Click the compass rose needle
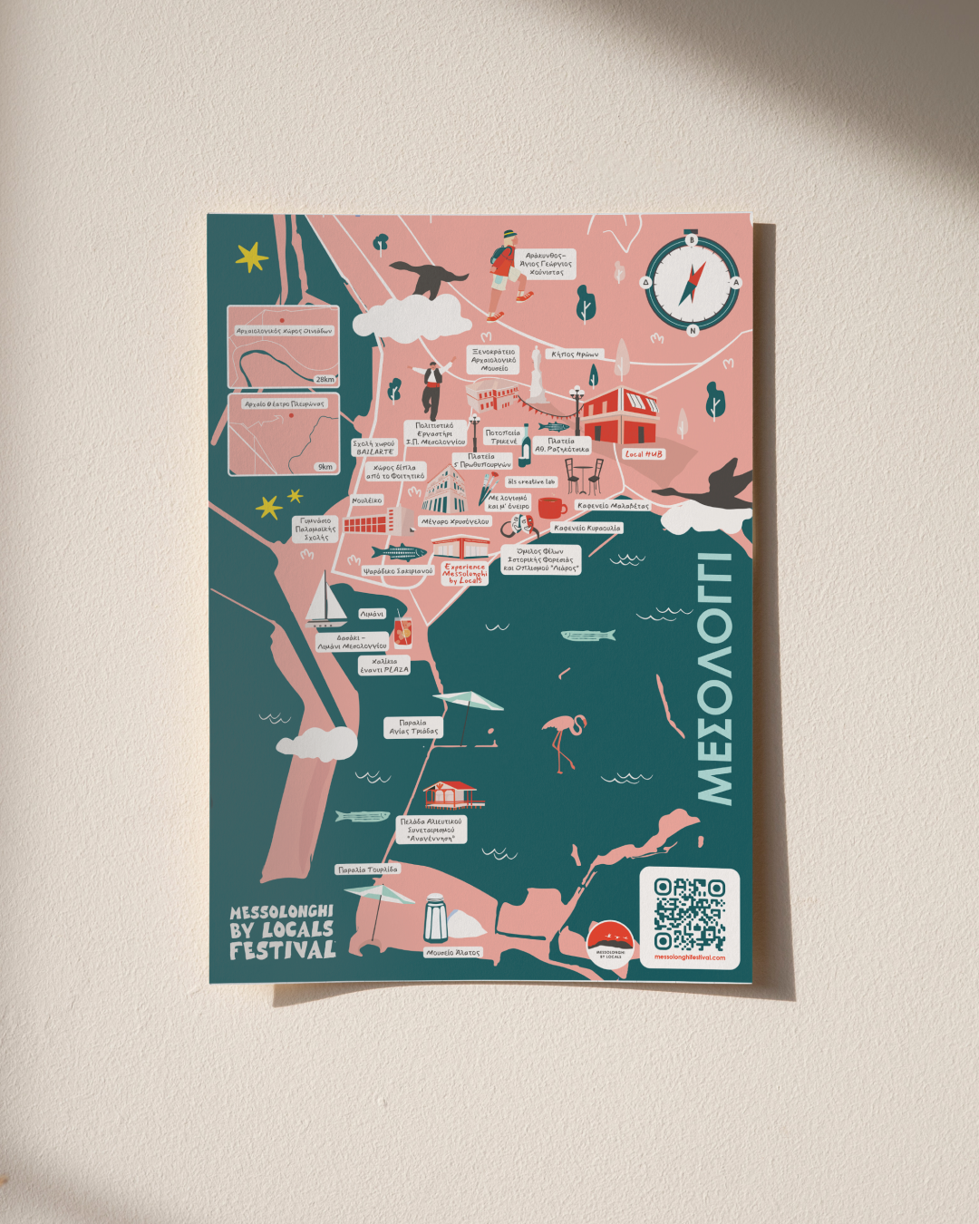692,283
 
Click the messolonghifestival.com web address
689,957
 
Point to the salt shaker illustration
436,918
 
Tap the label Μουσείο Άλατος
452,953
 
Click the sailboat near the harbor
324,600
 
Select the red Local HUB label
644,454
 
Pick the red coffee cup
551,508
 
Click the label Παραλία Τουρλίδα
367,869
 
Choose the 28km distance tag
325,379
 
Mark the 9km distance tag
325,467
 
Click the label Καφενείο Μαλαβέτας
613,506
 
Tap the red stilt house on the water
452,794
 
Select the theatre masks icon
519,525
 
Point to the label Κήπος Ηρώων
575,355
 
